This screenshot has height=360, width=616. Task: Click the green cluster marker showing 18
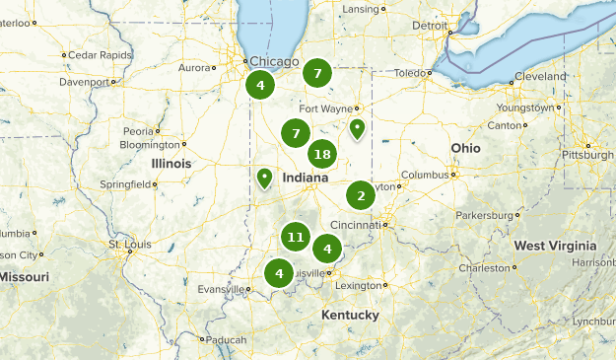[321, 154]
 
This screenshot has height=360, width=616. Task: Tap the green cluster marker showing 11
[295, 237]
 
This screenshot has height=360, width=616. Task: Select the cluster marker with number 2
[361, 195]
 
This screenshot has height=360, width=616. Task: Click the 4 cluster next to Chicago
[260, 85]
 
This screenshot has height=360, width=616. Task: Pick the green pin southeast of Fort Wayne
[357, 128]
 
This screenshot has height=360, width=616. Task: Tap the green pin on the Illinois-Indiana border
[264, 179]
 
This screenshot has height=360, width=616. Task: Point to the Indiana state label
[305, 179]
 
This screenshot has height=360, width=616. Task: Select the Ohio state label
[466, 148]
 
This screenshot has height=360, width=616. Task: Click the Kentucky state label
[350, 315]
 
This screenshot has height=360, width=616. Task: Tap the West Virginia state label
[555, 246]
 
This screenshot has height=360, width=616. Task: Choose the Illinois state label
[171, 163]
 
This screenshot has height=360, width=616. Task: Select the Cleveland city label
[543, 76]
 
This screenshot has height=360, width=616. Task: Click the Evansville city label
[219, 289]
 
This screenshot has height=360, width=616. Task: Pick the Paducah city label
[227, 339]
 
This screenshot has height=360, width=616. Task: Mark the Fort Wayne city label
[324, 108]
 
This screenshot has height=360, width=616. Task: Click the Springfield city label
[127, 183]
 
